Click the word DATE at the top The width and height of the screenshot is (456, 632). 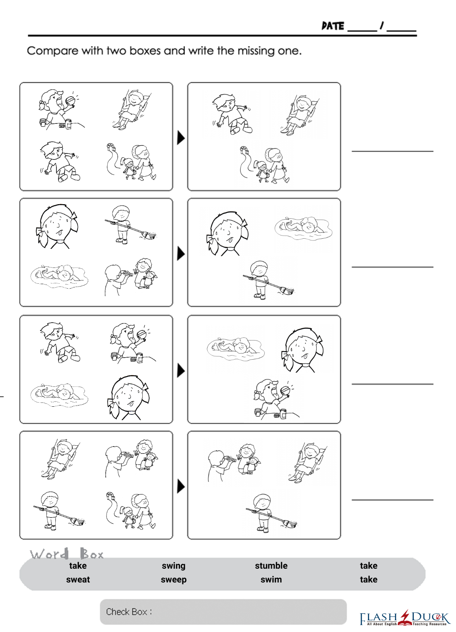[x=333, y=26]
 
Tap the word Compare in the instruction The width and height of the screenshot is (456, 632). [x=52, y=51]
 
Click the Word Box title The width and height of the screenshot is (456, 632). [x=67, y=554]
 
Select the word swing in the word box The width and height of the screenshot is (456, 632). [x=174, y=566]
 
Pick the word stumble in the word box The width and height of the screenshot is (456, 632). [x=271, y=565]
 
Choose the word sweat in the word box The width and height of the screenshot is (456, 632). [x=78, y=579]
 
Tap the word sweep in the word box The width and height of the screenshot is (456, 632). [x=174, y=580]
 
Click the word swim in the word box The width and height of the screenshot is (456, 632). [x=271, y=579]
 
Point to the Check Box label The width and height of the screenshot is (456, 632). [x=129, y=612]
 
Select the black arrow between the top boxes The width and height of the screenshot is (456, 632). [x=181, y=138]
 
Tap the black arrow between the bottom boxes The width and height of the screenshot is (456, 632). [x=181, y=486]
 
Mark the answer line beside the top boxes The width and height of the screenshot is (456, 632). [x=393, y=151]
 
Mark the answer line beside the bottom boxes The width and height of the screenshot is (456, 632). [x=393, y=500]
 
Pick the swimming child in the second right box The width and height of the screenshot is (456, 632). [x=304, y=228]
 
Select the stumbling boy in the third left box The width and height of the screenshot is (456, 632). [x=60, y=342]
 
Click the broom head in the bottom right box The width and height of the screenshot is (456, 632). [x=290, y=524]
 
